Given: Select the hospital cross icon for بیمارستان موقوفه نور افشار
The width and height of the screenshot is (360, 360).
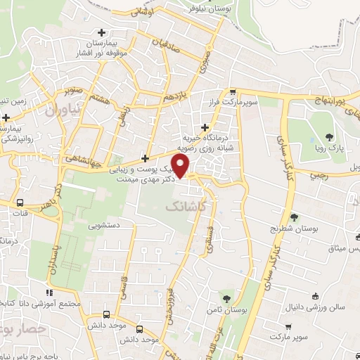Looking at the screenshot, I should click(x=103, y=32).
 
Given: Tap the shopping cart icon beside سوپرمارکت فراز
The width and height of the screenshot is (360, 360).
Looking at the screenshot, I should click(x=232, y=92).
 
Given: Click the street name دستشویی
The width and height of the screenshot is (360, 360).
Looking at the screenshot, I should click(x=105, y=226).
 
